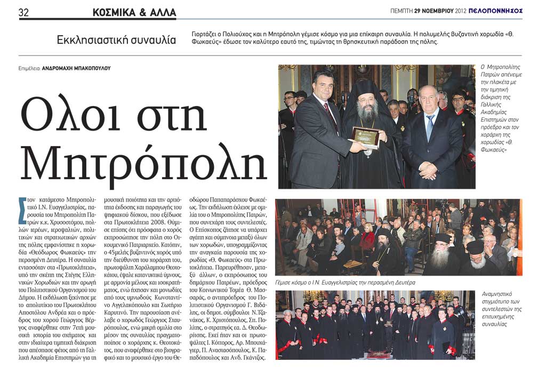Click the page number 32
(x=24, y=11)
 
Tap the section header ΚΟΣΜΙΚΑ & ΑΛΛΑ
(x=134, y=12)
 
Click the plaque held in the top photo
(x=365, y=137)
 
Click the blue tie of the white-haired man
(x=430, y=127)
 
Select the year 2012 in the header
(x=460, y=11)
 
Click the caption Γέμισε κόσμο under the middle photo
(x=294, y=283)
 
